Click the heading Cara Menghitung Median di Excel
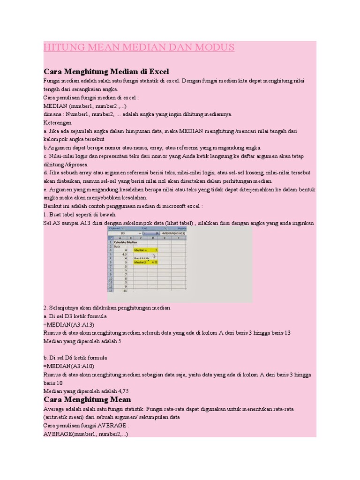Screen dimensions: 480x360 [x=106, y=71]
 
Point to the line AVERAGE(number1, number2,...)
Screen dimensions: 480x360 [x=85, y=435]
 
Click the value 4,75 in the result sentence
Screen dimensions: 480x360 [x=121, y=391]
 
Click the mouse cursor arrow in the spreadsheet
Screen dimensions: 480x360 [x=153, y=256]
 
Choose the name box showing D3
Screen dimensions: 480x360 [x=123, y=233]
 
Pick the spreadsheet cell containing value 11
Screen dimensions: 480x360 [x=125, y=291]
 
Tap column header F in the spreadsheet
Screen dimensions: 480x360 [x=179, y=238]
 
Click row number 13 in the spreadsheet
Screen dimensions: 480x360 [x=111, y=291]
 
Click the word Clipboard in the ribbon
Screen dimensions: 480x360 [x=115, y=228]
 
